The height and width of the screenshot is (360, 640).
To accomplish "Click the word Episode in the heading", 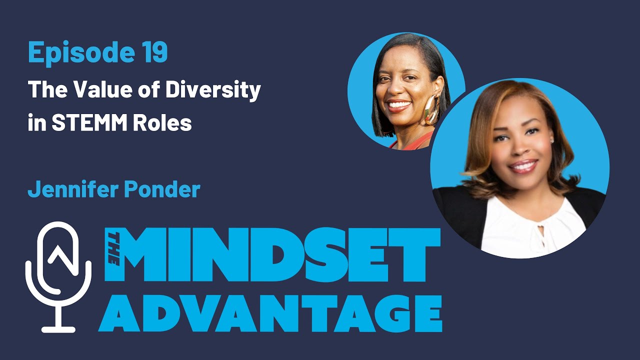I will pos(73,52).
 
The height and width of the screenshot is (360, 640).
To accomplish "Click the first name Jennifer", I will pos(67,189).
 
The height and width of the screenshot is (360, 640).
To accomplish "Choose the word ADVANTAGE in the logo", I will pos(270,314).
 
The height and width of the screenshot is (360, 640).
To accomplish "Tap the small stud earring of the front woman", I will pos(551,141).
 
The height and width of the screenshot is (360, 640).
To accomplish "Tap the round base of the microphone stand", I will pos(58,329).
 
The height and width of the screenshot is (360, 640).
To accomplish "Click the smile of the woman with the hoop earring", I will pos(399,105).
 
